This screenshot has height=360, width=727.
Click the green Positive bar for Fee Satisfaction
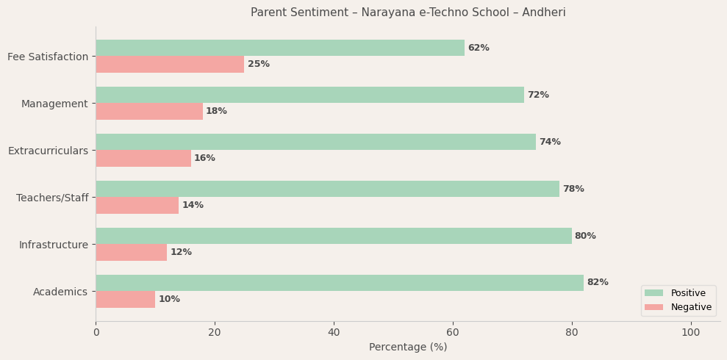(280, 48)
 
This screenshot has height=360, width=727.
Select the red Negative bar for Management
(149, 111)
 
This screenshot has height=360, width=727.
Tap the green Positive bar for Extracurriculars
(315, 142)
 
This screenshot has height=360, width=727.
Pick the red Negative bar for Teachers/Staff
(137, 205)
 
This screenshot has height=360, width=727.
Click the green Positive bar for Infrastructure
(334, 236)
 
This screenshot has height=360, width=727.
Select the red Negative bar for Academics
(126, 299)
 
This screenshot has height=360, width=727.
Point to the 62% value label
(479, 48)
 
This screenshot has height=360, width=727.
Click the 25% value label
(259, 64)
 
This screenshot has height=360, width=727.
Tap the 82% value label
(598, 283)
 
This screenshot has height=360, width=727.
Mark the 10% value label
(169, 299)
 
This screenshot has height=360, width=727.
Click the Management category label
(54, 104)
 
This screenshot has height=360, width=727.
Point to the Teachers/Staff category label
(52, 198)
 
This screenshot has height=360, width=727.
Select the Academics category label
(60, 292)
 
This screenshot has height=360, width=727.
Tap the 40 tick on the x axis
(334, 332)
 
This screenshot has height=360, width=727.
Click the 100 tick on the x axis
(691, 332)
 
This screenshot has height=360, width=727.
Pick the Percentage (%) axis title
(408, 347)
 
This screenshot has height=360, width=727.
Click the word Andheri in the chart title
(542, 12)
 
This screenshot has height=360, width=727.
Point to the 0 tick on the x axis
(96, 332)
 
